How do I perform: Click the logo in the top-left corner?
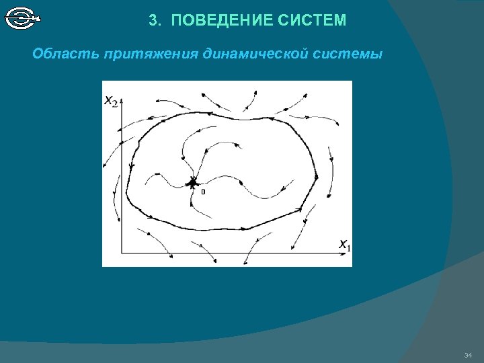[x=22, y=18]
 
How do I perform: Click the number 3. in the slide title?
[x=155, y=21]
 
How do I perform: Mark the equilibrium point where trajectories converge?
[x=193, y=182]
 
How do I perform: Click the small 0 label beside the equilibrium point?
[x=202, y=192]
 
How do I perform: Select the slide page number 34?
[x=469, y=355]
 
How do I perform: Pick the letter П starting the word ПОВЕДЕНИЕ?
[x=176, y=21]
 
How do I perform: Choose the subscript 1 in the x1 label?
[x=348, y=247]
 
